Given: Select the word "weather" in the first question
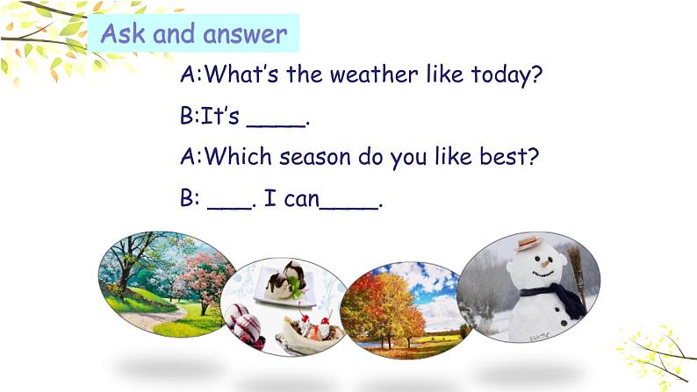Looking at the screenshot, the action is coord(374,75).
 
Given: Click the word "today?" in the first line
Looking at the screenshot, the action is coord(507,75).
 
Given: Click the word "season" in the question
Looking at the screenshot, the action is coord(315,158).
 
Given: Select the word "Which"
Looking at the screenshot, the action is coord(237,156).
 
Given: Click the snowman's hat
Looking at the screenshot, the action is coord(529,243).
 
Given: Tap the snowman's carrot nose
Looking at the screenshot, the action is coord(545,264).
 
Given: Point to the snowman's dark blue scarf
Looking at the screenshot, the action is coord(555,298).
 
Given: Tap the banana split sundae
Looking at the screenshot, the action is coord(310,333).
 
